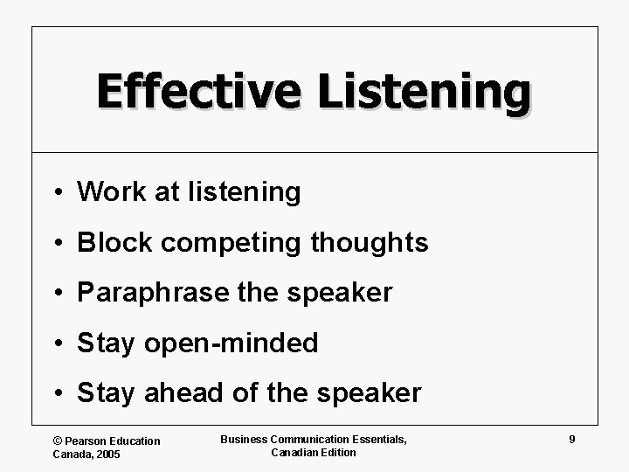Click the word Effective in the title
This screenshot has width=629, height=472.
click(x=196, y=93)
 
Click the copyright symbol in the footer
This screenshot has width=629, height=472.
click(x=58, y=441)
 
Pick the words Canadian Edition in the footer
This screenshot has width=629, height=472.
click(x=314, y=453)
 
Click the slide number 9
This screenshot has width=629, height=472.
click(x=571, y=440)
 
